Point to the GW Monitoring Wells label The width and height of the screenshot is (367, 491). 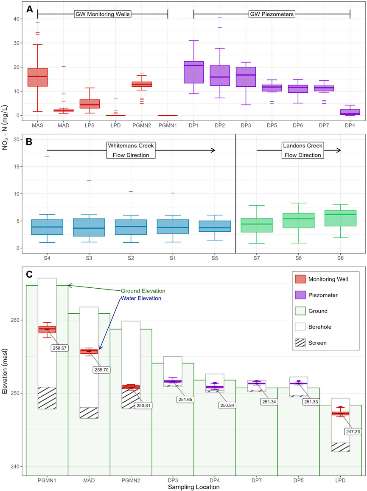point(102,14)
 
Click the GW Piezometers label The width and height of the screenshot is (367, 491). point(272,14)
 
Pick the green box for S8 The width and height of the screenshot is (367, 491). point(340,218)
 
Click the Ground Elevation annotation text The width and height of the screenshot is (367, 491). point(143,291)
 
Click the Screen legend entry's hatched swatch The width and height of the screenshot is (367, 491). point(300,342)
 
